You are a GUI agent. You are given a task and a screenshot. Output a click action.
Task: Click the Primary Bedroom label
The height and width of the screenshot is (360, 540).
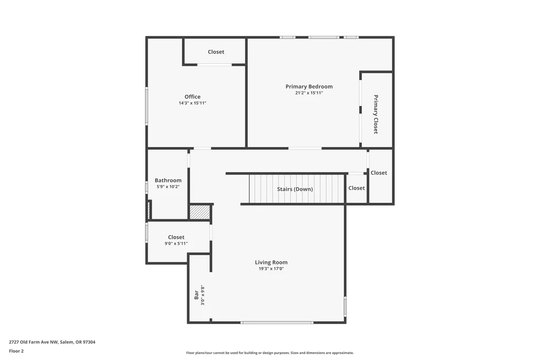pos(309,86)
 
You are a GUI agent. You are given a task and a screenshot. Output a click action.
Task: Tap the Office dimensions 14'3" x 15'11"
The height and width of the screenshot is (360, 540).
pos(192,103)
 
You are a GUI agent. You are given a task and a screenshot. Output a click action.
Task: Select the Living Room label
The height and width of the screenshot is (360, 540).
pos(271,262)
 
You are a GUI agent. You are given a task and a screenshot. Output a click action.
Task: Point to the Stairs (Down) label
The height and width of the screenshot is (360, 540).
pos(295,189)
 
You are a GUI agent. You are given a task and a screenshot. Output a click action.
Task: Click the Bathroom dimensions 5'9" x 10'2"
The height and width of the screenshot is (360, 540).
pos(168,187)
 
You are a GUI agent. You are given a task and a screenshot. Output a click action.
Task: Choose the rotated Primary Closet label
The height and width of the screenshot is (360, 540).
pos(375,114)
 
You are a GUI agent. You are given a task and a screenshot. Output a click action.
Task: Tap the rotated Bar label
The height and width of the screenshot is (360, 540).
pos(196,295)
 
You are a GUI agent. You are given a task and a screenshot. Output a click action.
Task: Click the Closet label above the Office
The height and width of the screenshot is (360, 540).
pos(216,52)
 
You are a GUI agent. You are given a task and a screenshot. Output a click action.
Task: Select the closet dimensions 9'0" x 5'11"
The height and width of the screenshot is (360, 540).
pos(176,244)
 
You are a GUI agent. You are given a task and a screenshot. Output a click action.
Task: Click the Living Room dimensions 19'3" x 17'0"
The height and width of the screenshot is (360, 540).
pos(271,268)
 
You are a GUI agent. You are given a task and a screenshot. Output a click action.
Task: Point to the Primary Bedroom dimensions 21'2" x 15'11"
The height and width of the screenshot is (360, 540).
pos(309,93)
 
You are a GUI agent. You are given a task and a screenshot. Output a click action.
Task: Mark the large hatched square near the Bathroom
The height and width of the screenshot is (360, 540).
pos(200,212)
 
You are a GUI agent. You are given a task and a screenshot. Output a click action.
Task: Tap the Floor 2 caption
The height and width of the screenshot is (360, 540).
pos(16,351)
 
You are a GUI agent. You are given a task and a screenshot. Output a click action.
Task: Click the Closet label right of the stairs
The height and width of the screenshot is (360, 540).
pos(356,188)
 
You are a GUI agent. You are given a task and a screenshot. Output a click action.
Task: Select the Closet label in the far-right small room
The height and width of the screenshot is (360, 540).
pos(379,173)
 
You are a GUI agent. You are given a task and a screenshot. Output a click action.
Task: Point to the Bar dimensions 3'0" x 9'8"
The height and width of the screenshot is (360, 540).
pos(203,295)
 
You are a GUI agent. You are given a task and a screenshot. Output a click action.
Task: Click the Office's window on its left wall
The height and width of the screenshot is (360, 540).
pos(147,105)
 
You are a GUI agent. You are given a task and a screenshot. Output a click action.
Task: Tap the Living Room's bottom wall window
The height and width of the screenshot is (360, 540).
pos(277,323)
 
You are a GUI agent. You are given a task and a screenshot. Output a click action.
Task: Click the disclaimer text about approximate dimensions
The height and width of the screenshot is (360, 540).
pos(270,353)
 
